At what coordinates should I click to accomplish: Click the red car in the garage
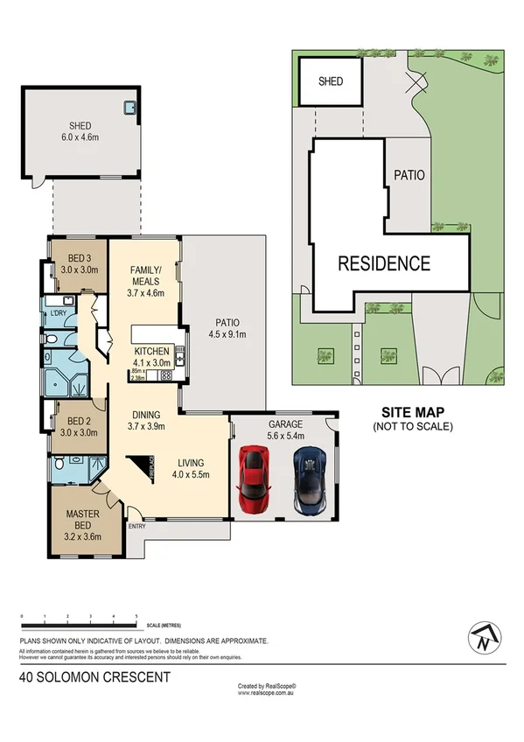click(253, 479)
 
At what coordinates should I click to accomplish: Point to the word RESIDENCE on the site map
click(384, 262)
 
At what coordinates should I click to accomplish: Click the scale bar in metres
click(79, 624)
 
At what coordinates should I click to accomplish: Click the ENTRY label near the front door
click(137, 526)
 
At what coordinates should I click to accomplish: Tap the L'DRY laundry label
click(59, 312)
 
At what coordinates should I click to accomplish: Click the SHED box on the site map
click(330, 81)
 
